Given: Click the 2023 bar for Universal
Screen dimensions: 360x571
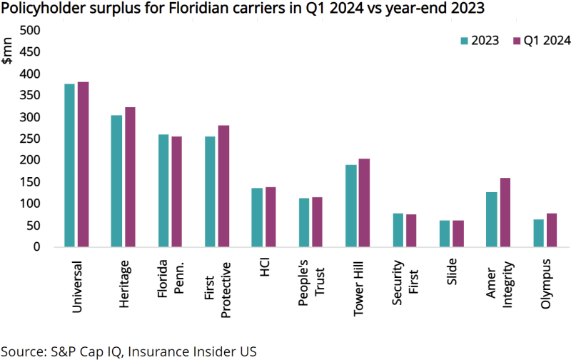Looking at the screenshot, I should (69, 165).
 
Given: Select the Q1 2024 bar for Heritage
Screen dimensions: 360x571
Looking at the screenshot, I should (129, 177).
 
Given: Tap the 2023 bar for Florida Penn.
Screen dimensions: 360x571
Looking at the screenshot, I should (163, 191).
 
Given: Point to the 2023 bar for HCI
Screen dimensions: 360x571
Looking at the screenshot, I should (256, 217).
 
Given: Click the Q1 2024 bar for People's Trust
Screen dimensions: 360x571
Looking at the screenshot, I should (316, 221).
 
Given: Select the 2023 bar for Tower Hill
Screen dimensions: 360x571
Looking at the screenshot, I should (350, 206).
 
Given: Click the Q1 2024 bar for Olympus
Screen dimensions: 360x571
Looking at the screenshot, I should (551, 230).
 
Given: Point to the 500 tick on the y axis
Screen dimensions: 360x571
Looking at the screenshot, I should (31, 31).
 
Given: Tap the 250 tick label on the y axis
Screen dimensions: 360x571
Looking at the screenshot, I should (31, 139).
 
